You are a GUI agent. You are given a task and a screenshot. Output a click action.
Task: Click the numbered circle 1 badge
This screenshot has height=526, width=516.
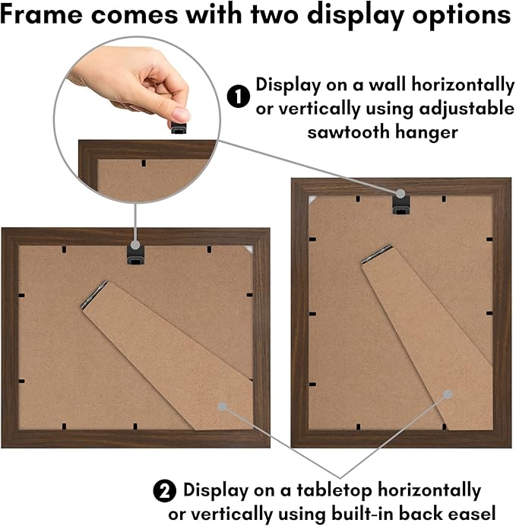(x=239, y=97)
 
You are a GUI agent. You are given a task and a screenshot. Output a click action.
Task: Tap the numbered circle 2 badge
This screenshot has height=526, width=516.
(x=165, y=491)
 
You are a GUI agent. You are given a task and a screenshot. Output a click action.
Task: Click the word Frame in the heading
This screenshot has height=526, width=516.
(x=42, y=14)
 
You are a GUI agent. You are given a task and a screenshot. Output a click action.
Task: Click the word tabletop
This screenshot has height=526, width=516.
(x=334, y=491)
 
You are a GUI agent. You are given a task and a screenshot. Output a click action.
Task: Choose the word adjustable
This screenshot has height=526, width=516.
(x=467, y=109)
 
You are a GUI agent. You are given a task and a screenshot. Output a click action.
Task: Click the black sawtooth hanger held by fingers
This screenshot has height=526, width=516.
(x=179, y=128)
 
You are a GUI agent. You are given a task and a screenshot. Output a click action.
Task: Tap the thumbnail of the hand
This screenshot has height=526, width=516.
(x=130, y=84)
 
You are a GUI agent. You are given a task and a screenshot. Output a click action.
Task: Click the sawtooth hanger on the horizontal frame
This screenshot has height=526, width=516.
(x=135, y=255)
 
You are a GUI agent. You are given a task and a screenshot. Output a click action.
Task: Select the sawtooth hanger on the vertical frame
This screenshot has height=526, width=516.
(x=401, y=204)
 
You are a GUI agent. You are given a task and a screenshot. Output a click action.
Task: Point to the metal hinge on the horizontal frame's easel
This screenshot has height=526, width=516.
(x=94, y=294)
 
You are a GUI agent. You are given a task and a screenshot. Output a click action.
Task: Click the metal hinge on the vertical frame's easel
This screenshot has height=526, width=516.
(x=376, y=254)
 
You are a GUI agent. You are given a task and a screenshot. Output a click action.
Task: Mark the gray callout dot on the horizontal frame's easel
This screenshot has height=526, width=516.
(x=222, y=407)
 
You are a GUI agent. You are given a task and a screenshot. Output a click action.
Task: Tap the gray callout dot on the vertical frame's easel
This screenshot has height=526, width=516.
(x=448, y=394)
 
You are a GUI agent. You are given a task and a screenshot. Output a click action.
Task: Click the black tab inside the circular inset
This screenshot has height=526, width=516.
(x=144, y=163)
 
